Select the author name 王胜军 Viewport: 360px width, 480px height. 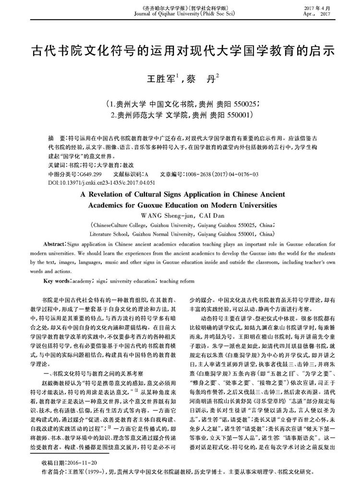pos(159,77)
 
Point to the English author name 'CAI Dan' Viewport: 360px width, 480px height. pos(207,215)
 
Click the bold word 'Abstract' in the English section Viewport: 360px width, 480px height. pos(54,244)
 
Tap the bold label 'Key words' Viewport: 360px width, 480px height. pos(57,280)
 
